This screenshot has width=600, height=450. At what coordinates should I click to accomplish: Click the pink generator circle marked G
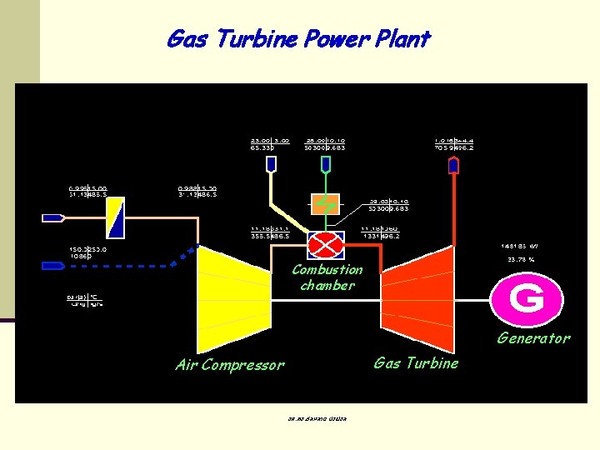[x=526, y=297]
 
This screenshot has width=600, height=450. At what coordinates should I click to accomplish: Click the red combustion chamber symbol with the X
[x=326, y=244]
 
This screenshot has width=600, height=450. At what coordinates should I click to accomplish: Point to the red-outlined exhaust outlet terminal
[x=453, y=165]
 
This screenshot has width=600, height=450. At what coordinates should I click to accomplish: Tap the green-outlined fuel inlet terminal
[x=325, y=165]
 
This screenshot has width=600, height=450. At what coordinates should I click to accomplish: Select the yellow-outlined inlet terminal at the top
[x=271, y=165]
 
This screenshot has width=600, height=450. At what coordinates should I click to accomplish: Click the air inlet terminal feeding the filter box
[x=53, y=217]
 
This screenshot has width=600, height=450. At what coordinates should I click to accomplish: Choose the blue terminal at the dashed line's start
[x=53, y=266]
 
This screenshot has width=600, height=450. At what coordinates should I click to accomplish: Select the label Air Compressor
[x=230, y=364]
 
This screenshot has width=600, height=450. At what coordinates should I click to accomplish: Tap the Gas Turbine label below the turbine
[x=416, y=362]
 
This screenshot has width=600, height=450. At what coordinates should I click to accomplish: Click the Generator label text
[x=533, y=337]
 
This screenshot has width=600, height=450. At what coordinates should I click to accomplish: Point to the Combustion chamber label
[x=327, y=277]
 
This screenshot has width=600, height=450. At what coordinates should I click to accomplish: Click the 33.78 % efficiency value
[x=520, y=259]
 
